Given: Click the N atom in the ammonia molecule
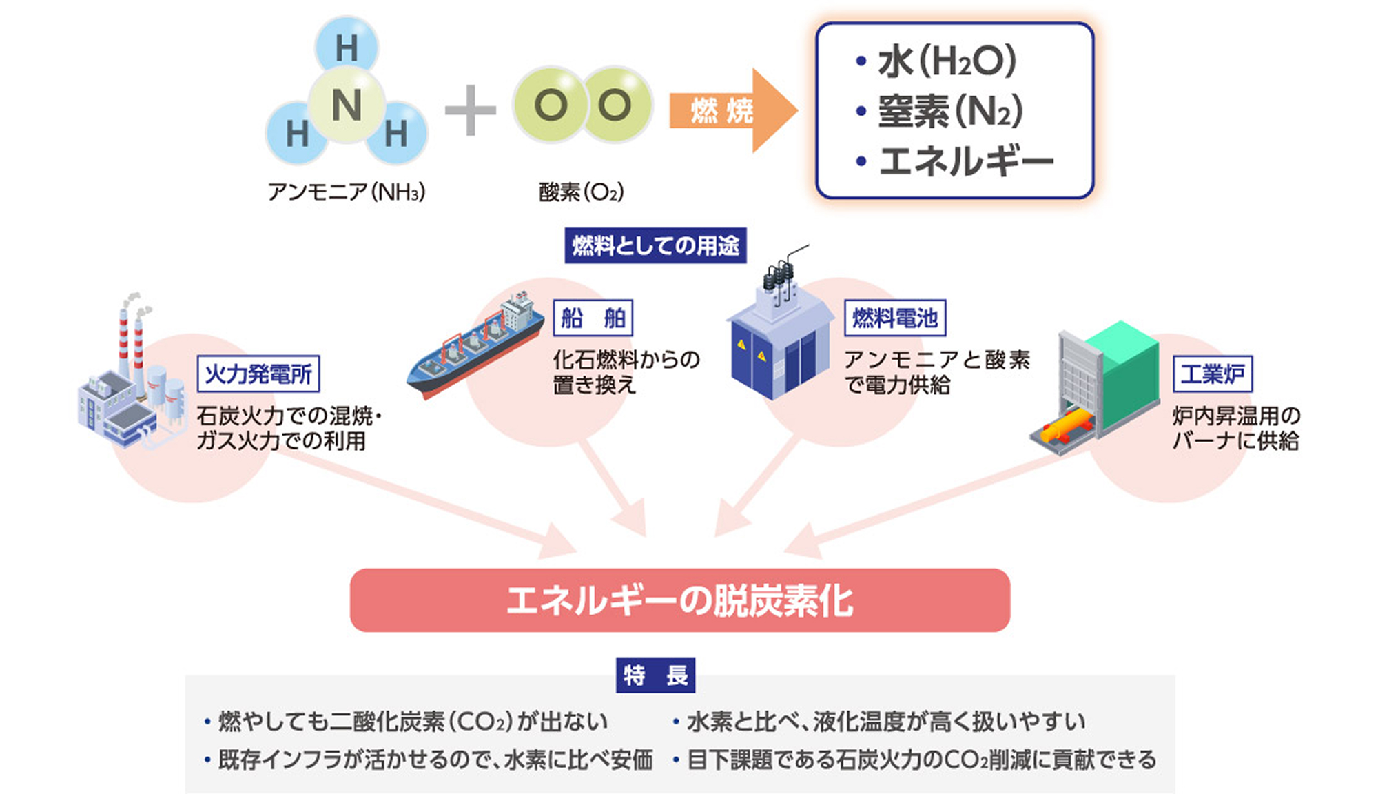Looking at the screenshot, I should (347, 105).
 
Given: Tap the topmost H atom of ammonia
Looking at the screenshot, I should (347, 47).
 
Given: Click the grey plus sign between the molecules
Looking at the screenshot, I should (471, 110).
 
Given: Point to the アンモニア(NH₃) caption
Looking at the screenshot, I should (347, 192).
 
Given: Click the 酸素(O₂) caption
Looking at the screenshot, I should (582, 192).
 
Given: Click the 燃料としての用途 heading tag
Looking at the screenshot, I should (655, 246).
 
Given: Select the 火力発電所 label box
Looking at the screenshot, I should (258, 374).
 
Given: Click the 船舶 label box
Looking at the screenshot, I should (593, 318).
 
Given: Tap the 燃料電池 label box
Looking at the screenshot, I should (895, 318).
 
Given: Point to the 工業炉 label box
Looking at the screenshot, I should (1213, 374).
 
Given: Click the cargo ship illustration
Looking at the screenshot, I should (475, 345).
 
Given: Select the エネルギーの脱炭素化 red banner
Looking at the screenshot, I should (680, 600).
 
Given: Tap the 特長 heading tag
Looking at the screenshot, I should (655, 675).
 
